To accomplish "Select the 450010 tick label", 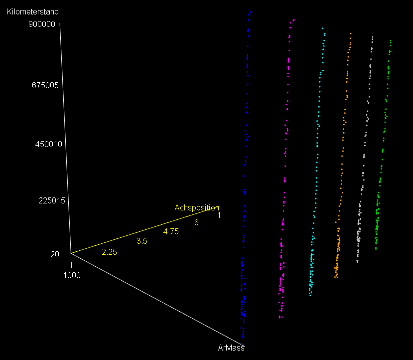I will point(48,145).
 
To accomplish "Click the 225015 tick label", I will point(52,201).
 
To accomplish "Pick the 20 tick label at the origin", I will point(55,254).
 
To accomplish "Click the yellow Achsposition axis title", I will point(196,207).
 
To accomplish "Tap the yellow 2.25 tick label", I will point(109,252).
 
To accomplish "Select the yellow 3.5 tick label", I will point(142,241).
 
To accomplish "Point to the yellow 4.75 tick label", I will point(171,231).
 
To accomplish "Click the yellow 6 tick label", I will point(196,222).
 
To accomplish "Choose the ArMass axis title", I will point(231,348).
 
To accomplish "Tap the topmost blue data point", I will point(251,11).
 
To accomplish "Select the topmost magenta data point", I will point(294,20).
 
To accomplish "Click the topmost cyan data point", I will point(323,28).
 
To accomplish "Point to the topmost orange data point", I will point(351,34).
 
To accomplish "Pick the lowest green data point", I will point(376,248).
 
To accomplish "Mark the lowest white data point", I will point(357,261).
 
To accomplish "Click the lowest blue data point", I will point(243,338).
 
